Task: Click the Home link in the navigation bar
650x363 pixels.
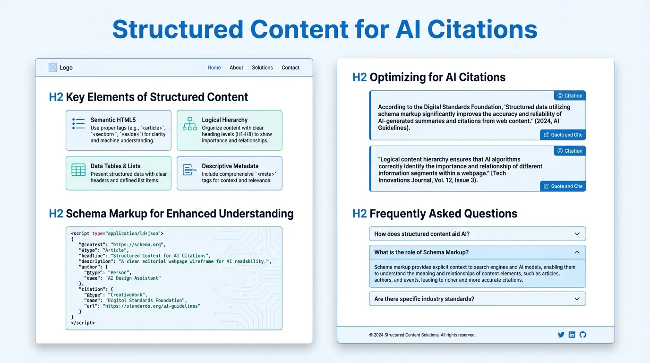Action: click(x=214, y=68)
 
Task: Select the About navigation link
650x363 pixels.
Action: click(x=236, y=68)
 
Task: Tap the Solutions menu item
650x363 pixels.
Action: click(x=262, y=68)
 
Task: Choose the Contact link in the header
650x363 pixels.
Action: click(x=291, y=68)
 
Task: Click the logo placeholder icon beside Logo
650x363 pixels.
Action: click(x=53, y=68)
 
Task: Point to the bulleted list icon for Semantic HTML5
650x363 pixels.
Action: click(x=78, y=124)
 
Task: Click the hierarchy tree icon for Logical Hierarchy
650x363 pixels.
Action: click(x=189, y=124)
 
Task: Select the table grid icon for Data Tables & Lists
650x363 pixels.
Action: click(x=78, y=170)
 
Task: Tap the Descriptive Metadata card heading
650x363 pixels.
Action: click(x=230, y=166)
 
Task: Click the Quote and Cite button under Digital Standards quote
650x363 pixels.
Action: click(x=563, y=135)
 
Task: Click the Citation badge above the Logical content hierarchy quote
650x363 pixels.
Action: click(x=570, y=151)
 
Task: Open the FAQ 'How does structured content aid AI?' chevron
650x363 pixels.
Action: click(x=577, y=234)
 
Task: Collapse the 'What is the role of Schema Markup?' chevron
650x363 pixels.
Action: click(x=577, y=252)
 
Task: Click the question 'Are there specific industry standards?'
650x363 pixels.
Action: click(x=424, y=299)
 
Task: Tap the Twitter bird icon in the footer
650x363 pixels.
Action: click(x=561, y=335)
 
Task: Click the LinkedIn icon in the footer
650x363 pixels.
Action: click(x=572, y=335)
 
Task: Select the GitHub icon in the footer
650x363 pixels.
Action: click(x=582, y=335)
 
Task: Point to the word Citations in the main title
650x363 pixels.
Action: click(x=482, y=29)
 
